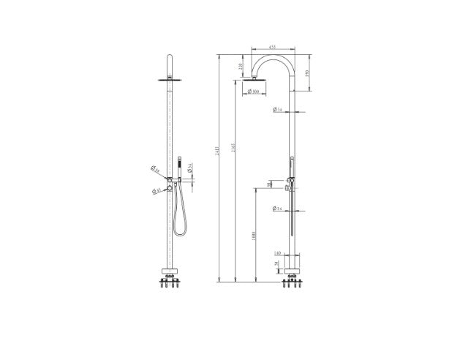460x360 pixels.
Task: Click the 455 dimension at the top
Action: pos(271,48)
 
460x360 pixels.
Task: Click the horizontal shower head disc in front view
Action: pos(167,77)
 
